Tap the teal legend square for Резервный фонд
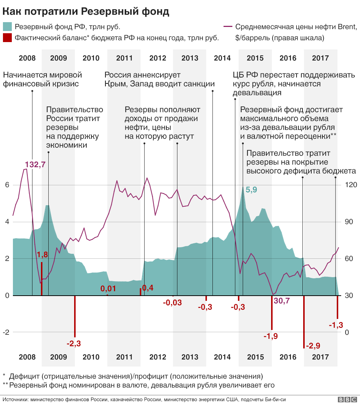(7, 27)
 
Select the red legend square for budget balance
(7, 38)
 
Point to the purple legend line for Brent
(228, 27)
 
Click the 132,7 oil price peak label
(35, 165)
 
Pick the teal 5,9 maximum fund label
(251, 190)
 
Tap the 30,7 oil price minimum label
(281, 301)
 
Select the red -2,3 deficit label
(74, 344)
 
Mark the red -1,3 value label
(336, 325)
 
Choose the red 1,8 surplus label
(42, 255)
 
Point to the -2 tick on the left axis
(6, 332)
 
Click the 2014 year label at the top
(222, 58)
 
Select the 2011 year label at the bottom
(124, 357)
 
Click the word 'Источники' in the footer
(15, 399)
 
